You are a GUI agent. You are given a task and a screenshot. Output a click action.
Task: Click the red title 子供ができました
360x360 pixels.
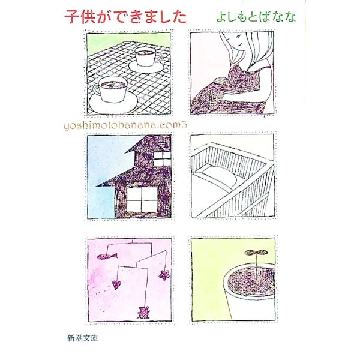[125, 17]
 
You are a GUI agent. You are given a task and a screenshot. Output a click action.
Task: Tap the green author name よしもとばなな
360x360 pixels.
[256, 17]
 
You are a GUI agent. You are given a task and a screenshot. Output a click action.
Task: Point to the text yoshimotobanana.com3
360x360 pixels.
[126, 125]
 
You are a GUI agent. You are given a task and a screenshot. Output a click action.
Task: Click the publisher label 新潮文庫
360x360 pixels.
[83, 338]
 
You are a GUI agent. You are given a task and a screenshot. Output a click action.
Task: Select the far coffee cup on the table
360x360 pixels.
[147, 56]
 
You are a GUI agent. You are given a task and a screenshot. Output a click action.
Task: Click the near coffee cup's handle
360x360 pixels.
[97, 90]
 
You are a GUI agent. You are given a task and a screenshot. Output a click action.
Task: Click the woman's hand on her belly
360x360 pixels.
[220, 82]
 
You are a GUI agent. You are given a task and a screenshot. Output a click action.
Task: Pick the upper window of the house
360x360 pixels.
[162, 158]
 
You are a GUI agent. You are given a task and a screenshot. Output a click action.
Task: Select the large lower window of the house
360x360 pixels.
[142, 200]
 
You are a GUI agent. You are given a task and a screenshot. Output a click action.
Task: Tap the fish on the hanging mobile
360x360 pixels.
[107, 256]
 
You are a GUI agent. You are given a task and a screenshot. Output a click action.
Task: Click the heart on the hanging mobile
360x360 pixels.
[116, 285]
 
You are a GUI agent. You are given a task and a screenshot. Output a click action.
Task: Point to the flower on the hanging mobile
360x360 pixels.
[164, 275]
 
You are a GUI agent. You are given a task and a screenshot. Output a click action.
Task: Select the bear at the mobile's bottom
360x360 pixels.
[143, 312]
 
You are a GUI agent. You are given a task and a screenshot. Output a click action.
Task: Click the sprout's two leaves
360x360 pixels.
[256, 253]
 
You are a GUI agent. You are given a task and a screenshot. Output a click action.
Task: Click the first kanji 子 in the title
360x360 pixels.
[71, 17]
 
